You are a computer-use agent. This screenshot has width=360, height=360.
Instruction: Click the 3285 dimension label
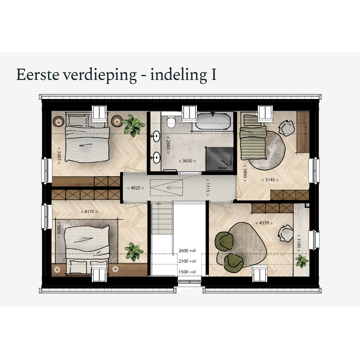(x=59, y=156)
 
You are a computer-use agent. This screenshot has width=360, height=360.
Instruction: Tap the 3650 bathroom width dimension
(x=187, y=161)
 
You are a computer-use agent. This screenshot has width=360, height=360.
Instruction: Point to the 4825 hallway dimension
(x=135, y=188)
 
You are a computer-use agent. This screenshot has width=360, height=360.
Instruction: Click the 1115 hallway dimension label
(x=208, y=188)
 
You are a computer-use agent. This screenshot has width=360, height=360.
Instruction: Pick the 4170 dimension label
(x=89, y=211)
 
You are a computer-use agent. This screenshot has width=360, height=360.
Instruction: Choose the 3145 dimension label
(x=270, y=180)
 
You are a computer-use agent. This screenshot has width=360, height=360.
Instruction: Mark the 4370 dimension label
(x=264, y=223)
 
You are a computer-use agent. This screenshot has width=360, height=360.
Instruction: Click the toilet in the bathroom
(x=171, y=122)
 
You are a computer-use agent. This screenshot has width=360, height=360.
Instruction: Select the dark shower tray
(x=220, y=159)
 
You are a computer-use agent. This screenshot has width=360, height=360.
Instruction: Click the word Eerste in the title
(x=38, y=75)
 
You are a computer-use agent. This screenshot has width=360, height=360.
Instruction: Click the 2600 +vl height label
(x=187, y=251)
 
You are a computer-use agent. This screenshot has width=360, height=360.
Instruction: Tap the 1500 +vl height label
(x=187, y=272)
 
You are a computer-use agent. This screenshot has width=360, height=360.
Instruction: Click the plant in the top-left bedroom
(x=134, y=125)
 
